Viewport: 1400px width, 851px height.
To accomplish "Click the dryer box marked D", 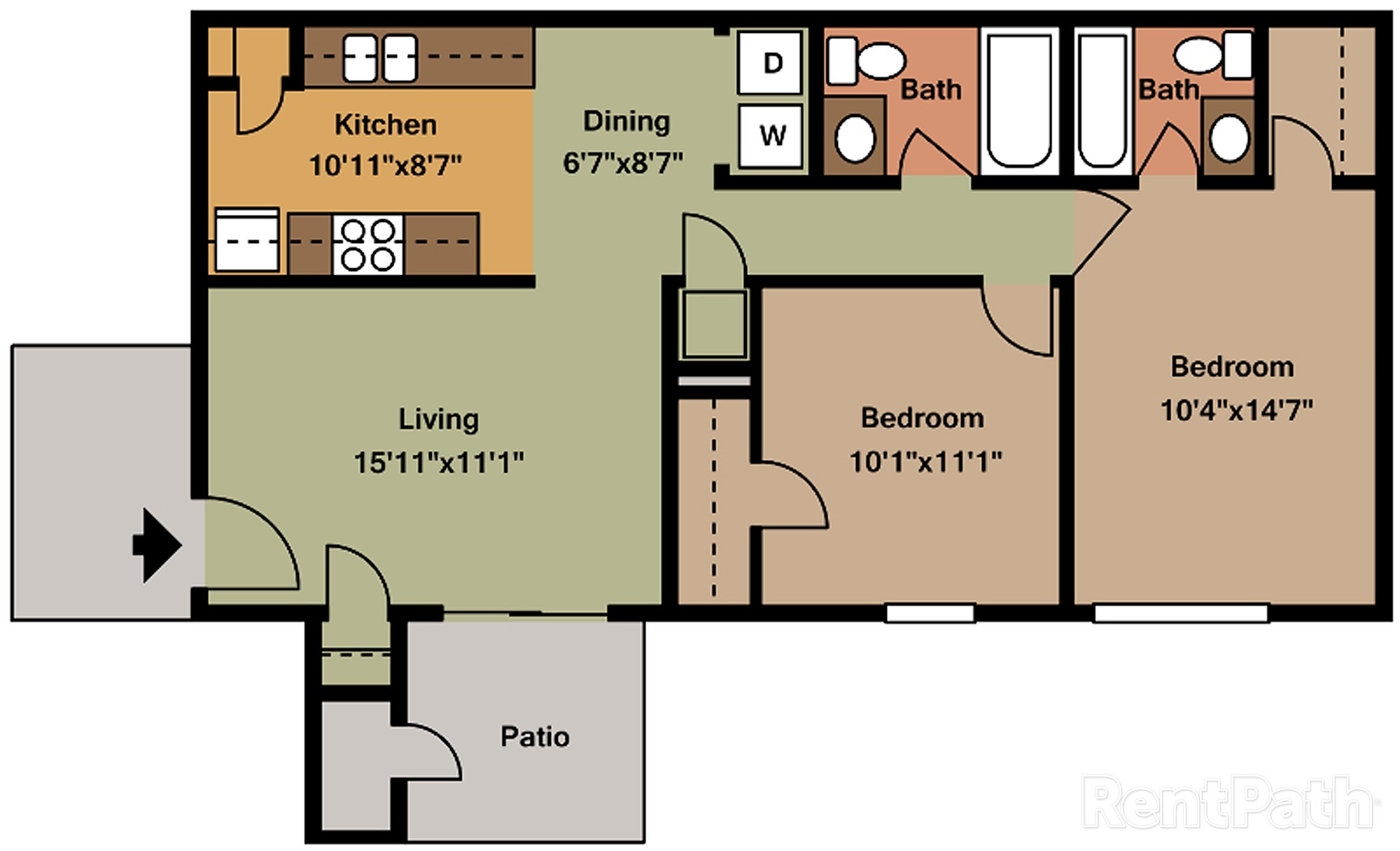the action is tap(770, 62).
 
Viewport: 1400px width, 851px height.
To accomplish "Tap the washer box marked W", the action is tap(771, 136).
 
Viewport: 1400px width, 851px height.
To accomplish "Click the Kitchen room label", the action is tap(386, 125).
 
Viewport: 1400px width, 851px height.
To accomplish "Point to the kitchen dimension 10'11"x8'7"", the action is tap(386, 166).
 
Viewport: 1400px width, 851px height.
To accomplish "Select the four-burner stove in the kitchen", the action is tap(368, 244).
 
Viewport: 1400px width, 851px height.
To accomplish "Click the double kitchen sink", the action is tap(380, 58).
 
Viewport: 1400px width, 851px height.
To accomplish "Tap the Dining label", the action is tap(626, 122).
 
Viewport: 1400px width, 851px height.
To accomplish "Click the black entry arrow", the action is tap(157, 545).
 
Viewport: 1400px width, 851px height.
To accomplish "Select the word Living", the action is tap(439, 420).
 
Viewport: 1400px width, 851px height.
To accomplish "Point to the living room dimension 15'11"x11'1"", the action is tap(439, 462).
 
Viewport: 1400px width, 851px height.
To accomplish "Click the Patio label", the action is tap(535, 737).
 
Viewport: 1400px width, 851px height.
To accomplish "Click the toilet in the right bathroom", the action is tap(1213, 55).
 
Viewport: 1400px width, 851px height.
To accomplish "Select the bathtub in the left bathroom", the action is tap(1019, 101).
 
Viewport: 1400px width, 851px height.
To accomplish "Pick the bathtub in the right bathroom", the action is tap(1102, 101).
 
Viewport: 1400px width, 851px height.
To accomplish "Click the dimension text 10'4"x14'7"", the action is tap(1236, 410).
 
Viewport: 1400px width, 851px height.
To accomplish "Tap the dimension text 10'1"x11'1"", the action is tap(925, 462).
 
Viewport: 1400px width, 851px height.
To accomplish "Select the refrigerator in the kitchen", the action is tap(247, 240).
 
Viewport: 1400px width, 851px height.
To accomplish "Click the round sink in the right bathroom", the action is tap(1229, 138).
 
